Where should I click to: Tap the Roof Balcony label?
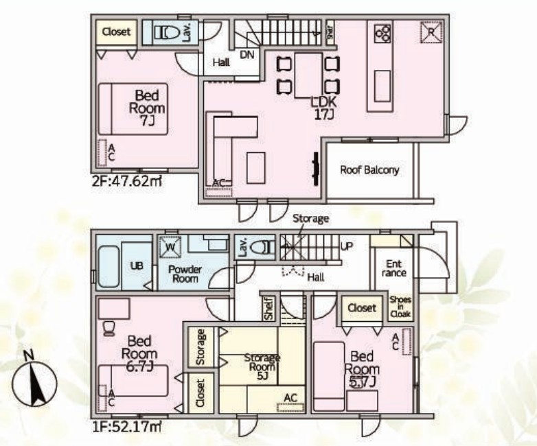click(x=369, y=170)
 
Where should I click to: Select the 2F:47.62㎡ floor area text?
click(x=127, y=181)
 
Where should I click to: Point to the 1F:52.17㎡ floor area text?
click(x=127, y=427)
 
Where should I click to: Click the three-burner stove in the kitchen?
click(x=382, y=33)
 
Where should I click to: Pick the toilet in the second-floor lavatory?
click(x=168, y=33)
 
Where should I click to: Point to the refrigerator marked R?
click(x=431, y=32)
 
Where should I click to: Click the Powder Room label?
click(x=185, y=274)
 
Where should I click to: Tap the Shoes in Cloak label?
click(x=400, y=307)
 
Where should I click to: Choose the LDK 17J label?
click(x=323, y=108)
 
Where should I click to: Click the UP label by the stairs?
click(x=347, y=246)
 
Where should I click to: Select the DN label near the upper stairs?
click(x=247, y=54)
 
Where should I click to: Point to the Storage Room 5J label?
click(x=262, y=367)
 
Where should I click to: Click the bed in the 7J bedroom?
click(x=133, y=109)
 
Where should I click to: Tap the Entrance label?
click(x=394, y=268)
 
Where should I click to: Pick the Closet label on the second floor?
click(x=117, y=32)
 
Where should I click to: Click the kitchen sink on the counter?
click(x=382, y=86)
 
